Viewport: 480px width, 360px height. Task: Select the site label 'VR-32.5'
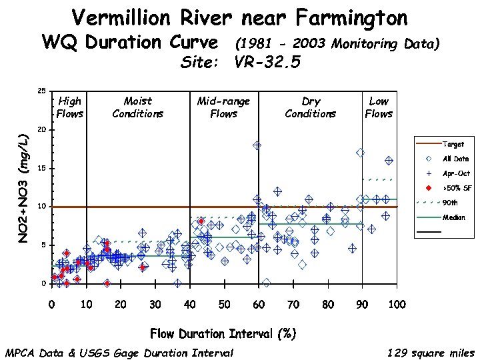coord(267,63)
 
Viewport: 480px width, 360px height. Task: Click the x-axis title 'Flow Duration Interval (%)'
coord(223,333)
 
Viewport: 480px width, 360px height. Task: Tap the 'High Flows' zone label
coord(69,107)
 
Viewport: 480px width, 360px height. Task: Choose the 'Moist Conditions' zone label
coord(138,107)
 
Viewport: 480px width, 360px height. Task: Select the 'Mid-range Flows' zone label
coord(223,107)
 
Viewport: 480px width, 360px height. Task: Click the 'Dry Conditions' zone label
coord(311,107)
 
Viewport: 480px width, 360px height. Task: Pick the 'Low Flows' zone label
coord(379,107)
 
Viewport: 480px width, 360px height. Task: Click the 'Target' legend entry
coord(453,144)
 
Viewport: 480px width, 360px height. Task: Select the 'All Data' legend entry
coord(456,159)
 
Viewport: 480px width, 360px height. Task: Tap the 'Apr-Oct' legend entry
coord(456,173)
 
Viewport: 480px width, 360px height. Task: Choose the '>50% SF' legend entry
coord(457,188)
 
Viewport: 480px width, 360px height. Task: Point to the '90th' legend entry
coord(451,203)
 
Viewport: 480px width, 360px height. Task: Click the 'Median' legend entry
coord(454,217)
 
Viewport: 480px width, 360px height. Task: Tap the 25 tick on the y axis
coord(41,91)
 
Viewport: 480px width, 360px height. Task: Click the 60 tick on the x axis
coord(258,305)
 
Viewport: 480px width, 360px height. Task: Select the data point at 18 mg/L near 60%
coord(257,145)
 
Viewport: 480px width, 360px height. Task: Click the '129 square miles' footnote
coord(431,353)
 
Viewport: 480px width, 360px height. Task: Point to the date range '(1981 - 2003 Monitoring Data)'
coord(337,44)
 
